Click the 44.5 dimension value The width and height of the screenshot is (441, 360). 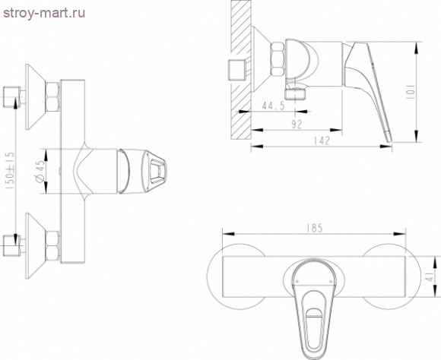click(271, 106)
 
